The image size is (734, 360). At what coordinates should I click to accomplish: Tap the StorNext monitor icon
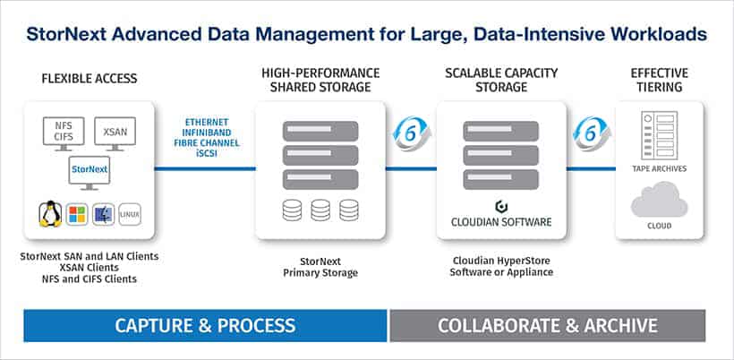[x=90, y=173]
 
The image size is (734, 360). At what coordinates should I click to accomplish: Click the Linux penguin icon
[x=50, y=214]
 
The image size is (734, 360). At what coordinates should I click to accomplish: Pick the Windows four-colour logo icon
[x=77, y=215]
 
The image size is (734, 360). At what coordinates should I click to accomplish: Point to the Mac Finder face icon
[x=104, y=215]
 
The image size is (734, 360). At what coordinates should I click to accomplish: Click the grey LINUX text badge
[x=130, y=215]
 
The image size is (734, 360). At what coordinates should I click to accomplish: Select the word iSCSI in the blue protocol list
[x=207, y=153]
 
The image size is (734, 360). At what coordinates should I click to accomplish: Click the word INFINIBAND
[x=207, y=133]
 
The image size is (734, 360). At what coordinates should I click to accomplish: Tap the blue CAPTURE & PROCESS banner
[x=205, y=325]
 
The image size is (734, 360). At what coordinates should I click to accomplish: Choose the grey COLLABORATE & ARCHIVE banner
[x=548, y=325]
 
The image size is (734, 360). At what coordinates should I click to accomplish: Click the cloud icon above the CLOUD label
[x=659, y=200]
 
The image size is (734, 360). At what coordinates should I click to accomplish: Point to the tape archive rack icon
[x=659, y=136]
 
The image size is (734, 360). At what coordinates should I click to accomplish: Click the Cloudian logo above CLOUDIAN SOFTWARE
[x=501, y=206]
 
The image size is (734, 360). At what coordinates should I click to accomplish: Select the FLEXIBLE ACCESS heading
[x=90, y=79]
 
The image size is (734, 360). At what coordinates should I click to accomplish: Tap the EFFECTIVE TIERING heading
[x=659, y=80]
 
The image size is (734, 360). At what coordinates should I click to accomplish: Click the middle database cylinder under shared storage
[x=320, y=210]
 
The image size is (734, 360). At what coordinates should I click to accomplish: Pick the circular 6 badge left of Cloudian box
[x=411, y=133]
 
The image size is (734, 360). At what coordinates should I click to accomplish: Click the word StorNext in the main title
[x=65, y=35]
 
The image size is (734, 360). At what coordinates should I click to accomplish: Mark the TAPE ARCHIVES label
[x=659, y=168]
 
